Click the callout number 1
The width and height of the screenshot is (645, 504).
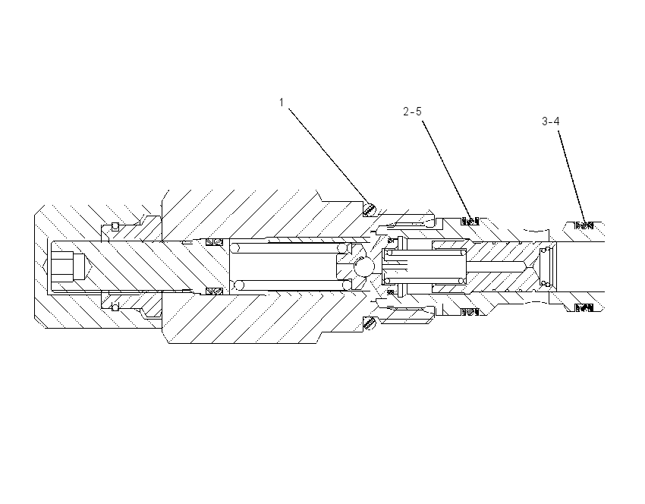tap(282, 102)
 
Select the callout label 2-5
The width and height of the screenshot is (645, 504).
tap(412, 112)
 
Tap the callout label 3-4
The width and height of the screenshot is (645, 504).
tap(550, 121)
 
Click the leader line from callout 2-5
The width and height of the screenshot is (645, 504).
tap(447, 171)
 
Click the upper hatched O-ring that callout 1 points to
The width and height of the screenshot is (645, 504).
tap(370, 209)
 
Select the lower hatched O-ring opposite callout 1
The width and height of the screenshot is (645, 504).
tap(370, 323)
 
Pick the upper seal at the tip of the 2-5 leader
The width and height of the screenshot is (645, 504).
tap(470, 222)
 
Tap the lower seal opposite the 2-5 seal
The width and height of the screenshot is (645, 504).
tap(470, 312)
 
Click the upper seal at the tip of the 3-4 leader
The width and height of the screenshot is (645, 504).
tap(584, 225)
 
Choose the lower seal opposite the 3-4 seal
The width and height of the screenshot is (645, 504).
tap(584, 307)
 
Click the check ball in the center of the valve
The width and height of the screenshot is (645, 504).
tap(364, 267)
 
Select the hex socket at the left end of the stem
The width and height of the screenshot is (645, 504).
tap(66, 266)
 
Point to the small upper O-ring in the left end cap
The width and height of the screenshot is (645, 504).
tap(115, 226)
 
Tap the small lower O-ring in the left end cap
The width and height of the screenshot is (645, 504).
tap(115, 307)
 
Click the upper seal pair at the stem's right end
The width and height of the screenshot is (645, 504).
tap(214, 242)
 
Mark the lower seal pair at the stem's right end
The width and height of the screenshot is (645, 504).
tap(214, 291)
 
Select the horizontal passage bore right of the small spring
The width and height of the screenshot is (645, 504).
tap(496, 266)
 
